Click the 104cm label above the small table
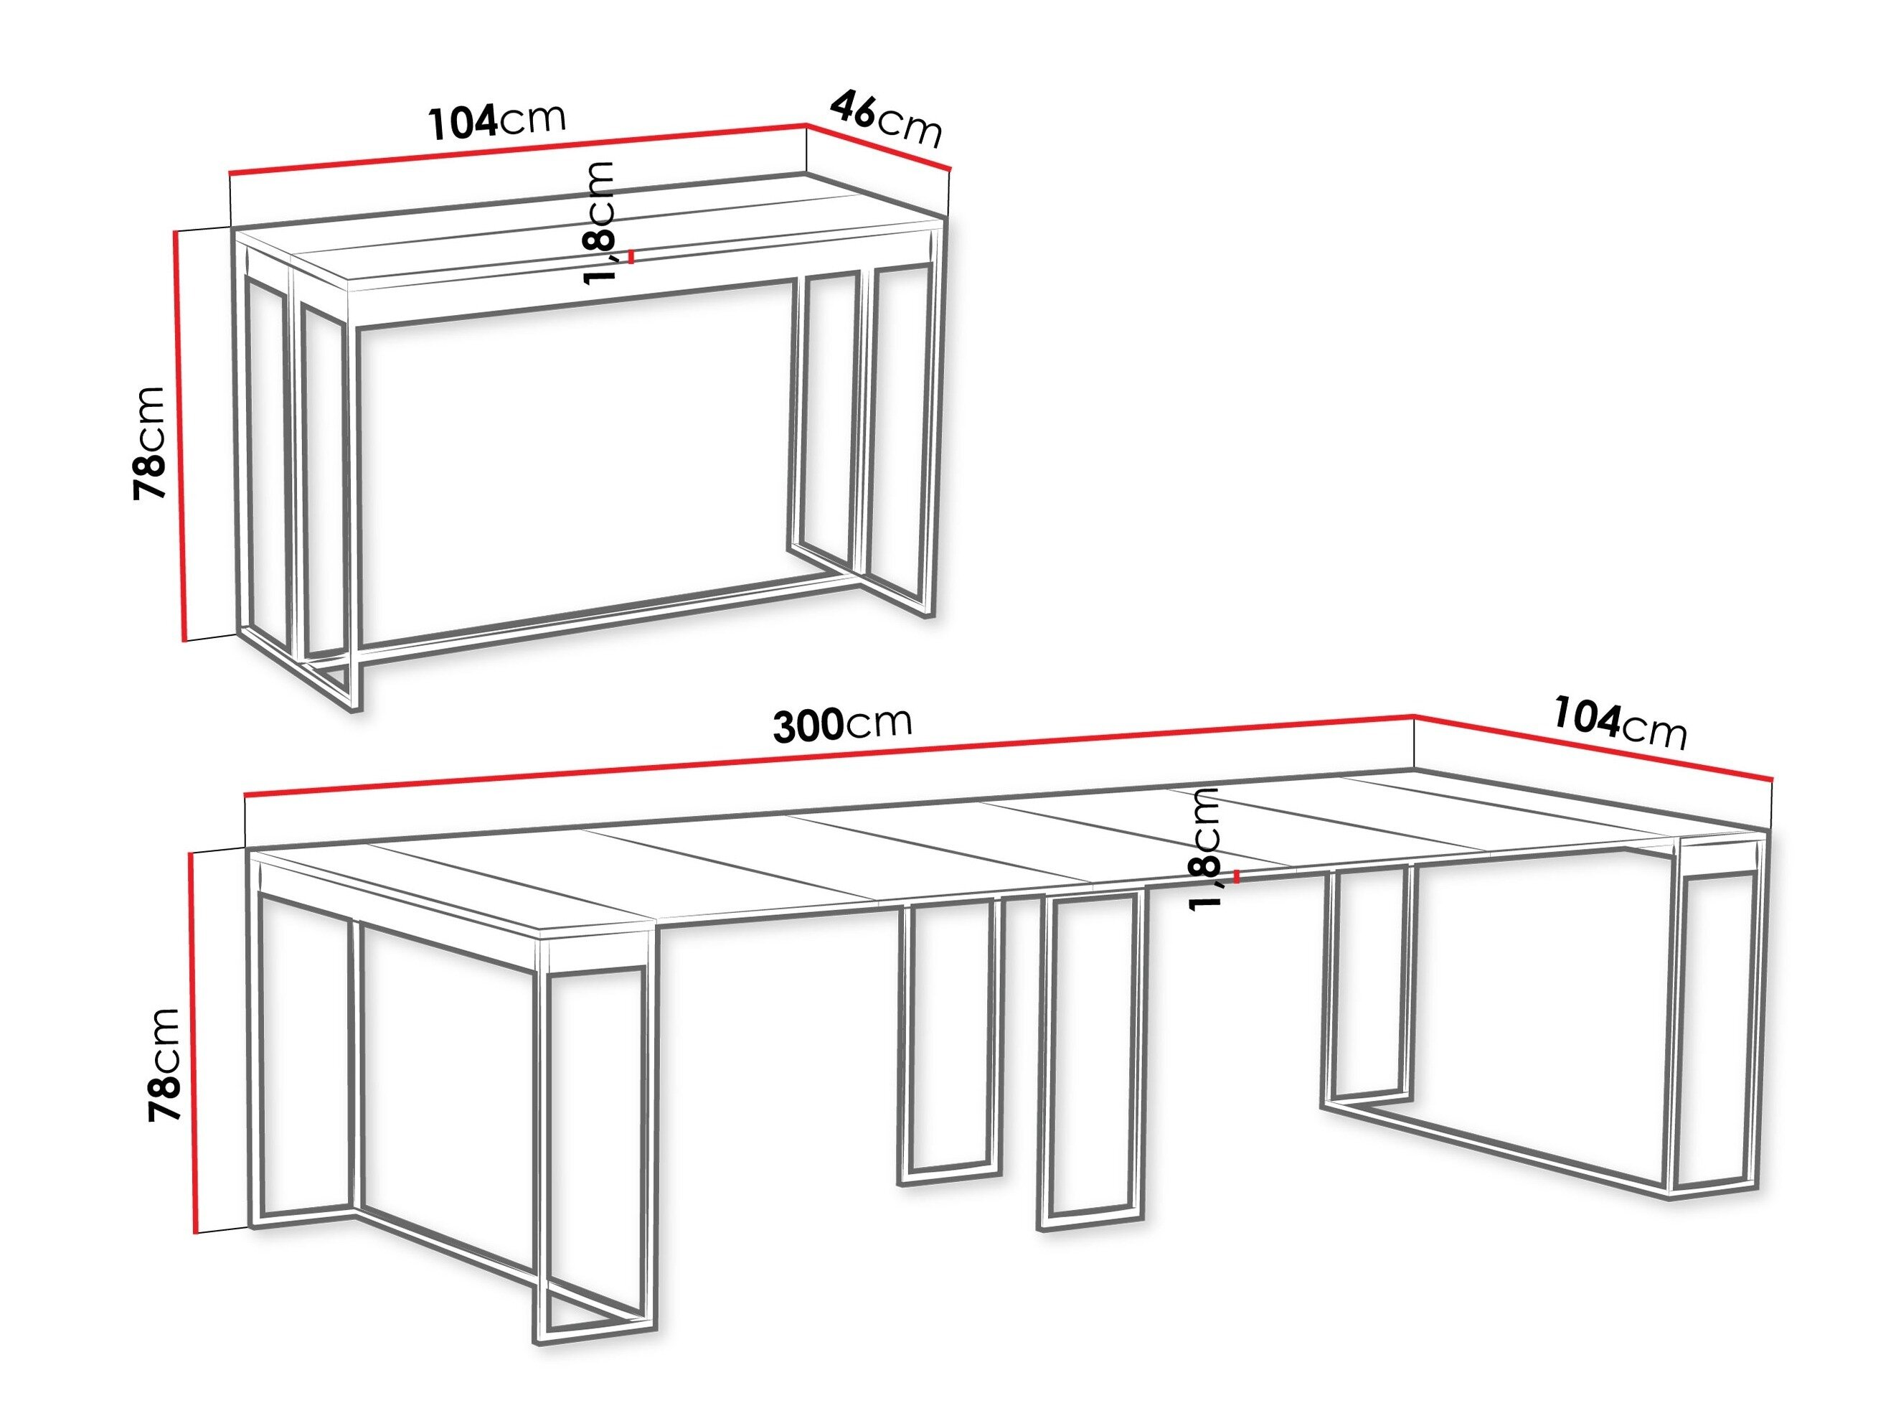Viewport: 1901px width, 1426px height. click(496, 121)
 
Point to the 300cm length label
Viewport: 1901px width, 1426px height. click(841, 725)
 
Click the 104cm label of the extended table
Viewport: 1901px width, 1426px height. click(1619, 723)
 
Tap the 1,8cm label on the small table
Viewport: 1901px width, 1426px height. click(598, 222)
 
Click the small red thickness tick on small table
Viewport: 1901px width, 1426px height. click(632, 256)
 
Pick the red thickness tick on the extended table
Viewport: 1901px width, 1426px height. click(1235, 877)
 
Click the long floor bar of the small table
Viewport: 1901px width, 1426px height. click(602, 614)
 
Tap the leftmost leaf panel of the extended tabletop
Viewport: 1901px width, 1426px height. click(447, 886)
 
